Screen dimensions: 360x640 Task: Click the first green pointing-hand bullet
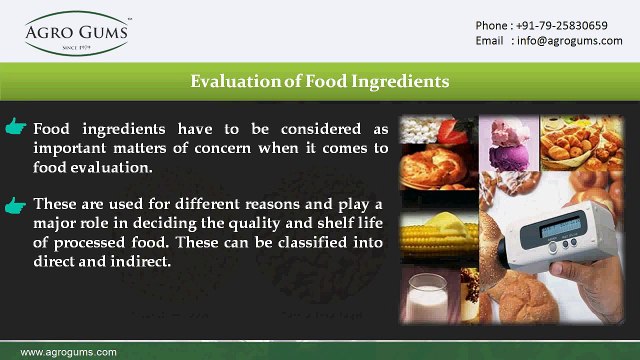click(16, 129)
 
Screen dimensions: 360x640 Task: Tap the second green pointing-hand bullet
click(16, 205)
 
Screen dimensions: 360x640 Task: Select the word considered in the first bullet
click(314, 129)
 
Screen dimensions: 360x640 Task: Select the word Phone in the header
click(491, 25)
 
